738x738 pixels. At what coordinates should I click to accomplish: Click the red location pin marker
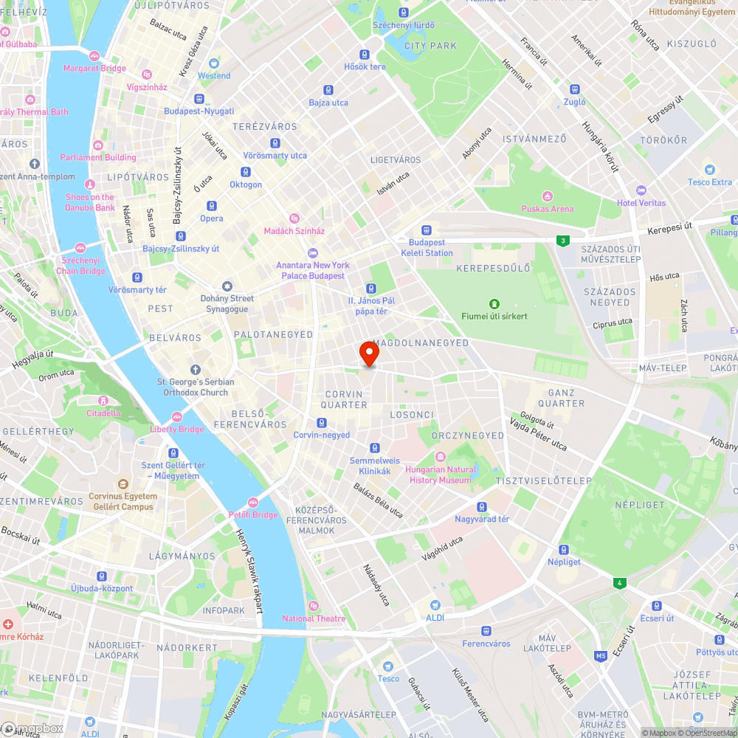click(368, 354)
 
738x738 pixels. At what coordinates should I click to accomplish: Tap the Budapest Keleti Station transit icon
click(427, 230)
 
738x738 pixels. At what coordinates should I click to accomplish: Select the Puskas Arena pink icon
click(547, 196)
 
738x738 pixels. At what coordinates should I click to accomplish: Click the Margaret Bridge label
click(94, 69)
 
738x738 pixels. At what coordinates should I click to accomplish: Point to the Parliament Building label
click(98, 157)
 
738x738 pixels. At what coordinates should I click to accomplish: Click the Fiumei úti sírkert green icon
click(494, 303)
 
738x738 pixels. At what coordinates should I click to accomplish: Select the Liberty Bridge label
click(176, 430)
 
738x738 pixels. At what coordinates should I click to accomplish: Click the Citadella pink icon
click(103, 401)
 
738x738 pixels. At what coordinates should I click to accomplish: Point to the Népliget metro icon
click(564, 549)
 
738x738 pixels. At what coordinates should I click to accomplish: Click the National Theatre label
click(314, 618)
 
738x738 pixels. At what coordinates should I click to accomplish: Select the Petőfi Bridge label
click(252, 514)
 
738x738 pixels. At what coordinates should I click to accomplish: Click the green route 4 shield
click(620, 583)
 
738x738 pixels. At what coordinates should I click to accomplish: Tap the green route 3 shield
click(564, 241)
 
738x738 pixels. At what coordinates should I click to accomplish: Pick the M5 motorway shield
click(601, 655)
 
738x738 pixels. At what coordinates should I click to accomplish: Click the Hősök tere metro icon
click(364, 54)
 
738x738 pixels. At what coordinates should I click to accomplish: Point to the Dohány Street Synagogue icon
click(227, 286)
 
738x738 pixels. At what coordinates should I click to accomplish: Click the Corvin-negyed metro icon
click(321, 423)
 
